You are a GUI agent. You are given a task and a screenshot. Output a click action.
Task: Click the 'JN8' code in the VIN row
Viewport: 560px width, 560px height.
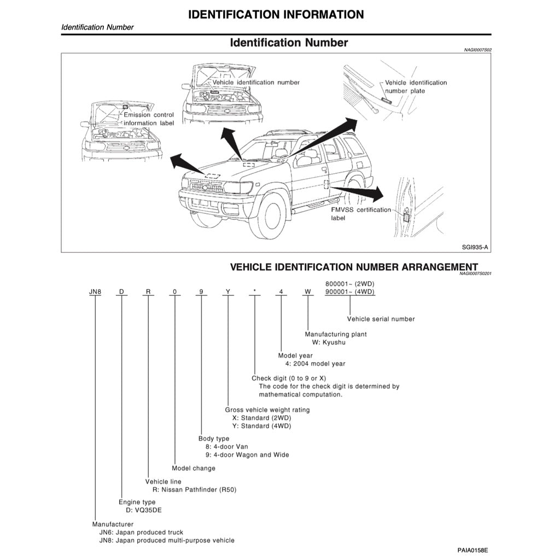[x=95, y=291]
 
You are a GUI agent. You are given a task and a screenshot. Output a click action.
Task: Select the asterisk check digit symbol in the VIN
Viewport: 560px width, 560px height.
[x=254, y=291]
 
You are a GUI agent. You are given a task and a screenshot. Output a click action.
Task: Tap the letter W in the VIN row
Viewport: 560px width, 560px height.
[x=308, y=291]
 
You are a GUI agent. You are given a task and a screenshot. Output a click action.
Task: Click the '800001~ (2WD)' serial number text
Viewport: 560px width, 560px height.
[x=350, y=283]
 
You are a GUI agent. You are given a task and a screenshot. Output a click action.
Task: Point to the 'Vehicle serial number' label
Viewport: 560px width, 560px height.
[x=381, y=319]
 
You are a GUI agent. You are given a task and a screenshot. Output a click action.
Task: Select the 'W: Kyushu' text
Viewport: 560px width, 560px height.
[x=329, y=342]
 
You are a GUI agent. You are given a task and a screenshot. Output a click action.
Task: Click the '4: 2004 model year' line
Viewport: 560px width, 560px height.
[x=315, y=364]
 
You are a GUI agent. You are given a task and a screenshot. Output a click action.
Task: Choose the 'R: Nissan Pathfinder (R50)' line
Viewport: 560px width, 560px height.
[x=195, y=490]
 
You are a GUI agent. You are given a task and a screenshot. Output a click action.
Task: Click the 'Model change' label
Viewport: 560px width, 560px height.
[x=194, y=468]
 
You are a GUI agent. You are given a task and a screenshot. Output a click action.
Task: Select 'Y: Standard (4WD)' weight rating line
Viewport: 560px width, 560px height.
[x=262, y=426]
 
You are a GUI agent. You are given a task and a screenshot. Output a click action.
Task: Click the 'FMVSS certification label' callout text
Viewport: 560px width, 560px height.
[x=361, y=214]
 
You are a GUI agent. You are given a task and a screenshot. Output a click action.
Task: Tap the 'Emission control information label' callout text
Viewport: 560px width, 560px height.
[x=149, y=119]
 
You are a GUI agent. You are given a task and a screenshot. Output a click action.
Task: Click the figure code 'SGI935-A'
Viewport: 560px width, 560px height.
[x=475, y=247]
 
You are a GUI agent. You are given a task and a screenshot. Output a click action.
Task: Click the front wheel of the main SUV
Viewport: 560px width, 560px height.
[x=266, y=217]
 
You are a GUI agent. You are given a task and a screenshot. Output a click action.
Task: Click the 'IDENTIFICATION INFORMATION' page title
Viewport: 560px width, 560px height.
[x=276, y=15]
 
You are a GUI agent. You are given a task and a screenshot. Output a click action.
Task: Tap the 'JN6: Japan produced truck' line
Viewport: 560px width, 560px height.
[x=141, y=532]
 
